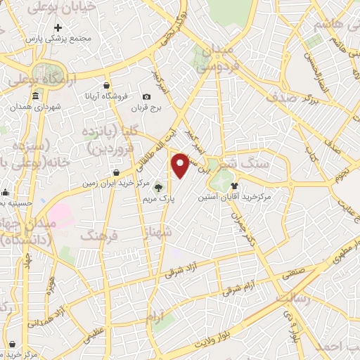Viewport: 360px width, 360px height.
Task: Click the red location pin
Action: click(x=181, y=165)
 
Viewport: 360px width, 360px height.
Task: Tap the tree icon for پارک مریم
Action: click(x=157, y=187)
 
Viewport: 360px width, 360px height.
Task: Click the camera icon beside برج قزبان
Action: click(x=146, y=96)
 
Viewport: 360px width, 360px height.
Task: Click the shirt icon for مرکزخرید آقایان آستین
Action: click(x=234, y=187)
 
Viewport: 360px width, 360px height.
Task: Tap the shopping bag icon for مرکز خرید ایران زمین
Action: click(x=116, y=172)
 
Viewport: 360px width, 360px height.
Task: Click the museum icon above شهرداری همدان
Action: click(x=35, y=96)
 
